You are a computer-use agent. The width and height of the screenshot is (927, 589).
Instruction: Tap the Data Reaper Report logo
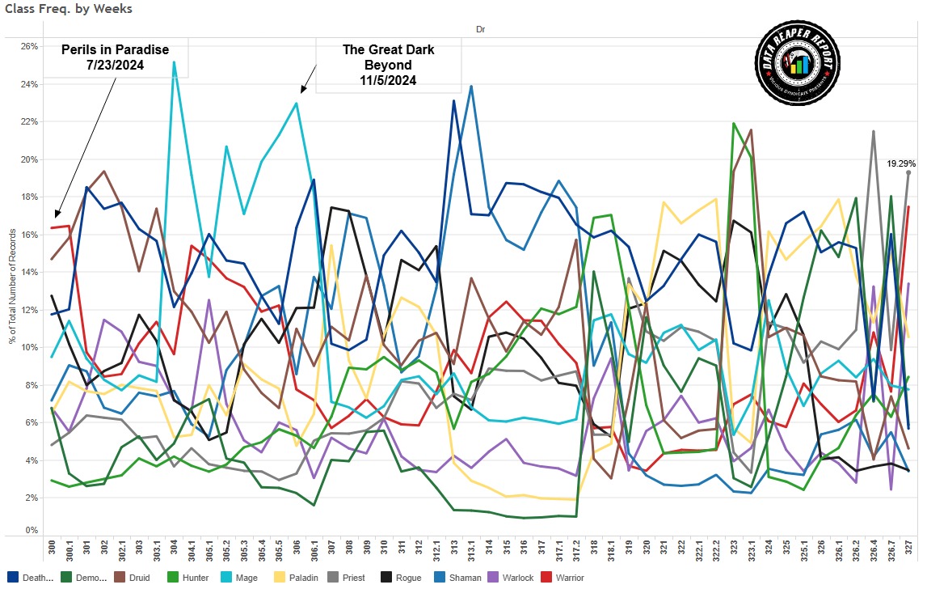coord(798,64)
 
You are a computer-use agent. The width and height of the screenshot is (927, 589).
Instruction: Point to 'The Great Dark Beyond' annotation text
coord(388,65)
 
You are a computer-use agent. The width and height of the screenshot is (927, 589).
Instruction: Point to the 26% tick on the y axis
coord(29,46)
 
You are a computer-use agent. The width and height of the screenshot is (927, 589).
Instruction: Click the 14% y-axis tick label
coord(29,272)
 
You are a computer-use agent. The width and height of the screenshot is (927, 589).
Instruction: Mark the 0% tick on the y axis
coord(32,531)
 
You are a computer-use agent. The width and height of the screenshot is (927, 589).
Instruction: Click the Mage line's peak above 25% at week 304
coord(174,62)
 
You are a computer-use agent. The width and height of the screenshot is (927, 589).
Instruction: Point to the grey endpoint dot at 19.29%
coord(909,172)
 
